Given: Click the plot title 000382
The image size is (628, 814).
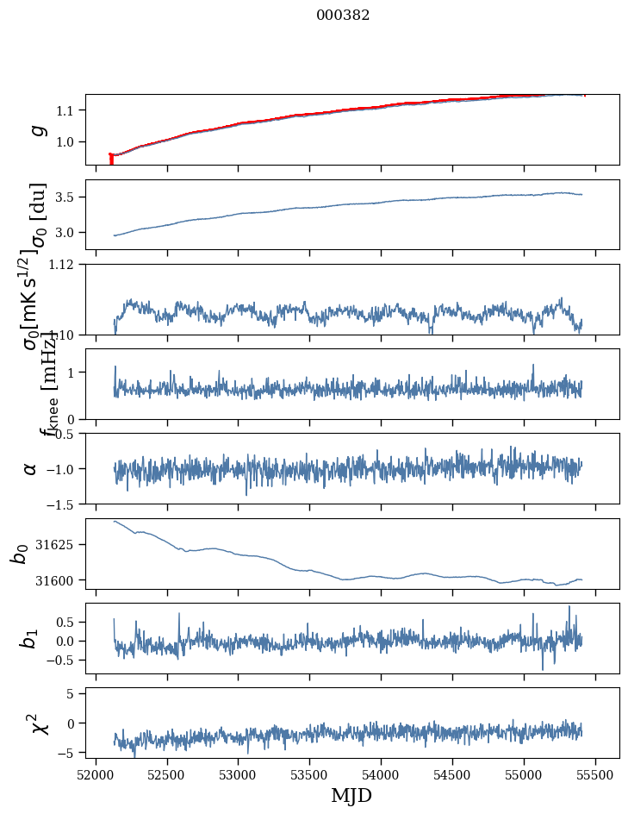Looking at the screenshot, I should coord(343,15).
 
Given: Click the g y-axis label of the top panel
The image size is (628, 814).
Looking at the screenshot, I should coord(36,129).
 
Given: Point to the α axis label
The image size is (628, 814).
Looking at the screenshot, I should coord(31,468).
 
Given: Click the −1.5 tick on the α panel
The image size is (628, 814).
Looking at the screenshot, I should coord(62,504).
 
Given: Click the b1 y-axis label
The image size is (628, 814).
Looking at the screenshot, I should coord(31,639).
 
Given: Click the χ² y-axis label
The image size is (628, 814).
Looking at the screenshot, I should coord(39,723).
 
